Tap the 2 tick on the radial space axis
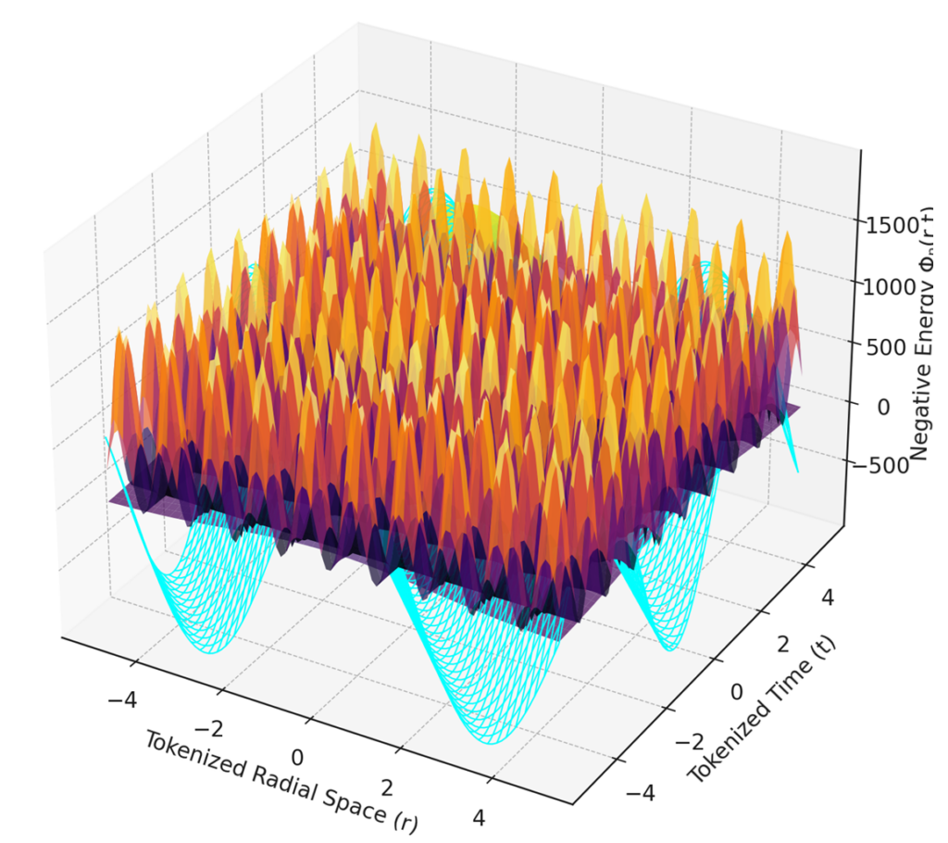[387, 788]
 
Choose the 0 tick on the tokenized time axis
[737, 691]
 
